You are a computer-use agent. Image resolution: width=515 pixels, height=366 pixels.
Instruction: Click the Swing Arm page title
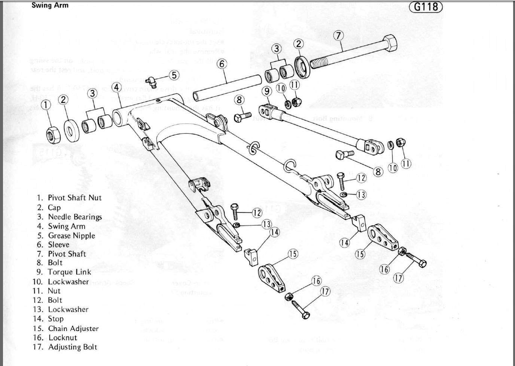50,5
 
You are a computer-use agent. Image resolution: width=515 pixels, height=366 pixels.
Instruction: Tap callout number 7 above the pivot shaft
338,36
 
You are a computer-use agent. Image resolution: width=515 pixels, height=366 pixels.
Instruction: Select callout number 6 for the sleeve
222,64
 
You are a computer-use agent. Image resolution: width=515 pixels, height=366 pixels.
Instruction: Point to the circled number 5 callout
174,75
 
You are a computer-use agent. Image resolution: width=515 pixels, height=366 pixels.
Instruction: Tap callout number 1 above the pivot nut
46,105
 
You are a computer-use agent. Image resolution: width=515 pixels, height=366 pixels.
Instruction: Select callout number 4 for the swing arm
117,87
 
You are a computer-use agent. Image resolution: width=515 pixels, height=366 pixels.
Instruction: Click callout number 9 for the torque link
266,91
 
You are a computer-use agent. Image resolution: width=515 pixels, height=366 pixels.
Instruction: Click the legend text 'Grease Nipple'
71,236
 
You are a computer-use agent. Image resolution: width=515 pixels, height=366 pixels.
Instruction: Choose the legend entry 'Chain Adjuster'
73,329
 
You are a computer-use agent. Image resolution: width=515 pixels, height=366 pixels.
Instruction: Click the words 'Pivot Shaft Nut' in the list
74,198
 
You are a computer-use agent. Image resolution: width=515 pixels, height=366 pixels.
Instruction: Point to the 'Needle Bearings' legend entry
74,217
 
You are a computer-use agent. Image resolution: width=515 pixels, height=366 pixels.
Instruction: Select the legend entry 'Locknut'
63,338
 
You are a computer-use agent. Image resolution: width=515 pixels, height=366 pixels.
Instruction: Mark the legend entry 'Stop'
55,319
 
